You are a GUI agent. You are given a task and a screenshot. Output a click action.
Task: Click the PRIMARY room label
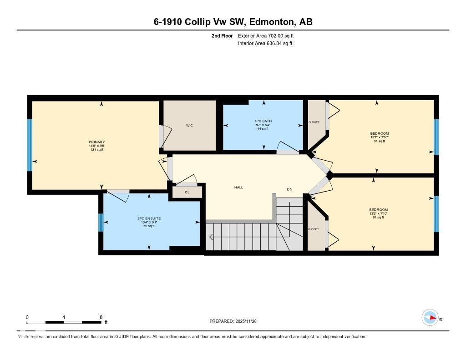[x=96, y=142]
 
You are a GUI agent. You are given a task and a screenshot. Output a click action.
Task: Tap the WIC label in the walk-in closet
[x=189, y=126]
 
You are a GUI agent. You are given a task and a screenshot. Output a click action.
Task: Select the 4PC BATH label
[x=263, y=121]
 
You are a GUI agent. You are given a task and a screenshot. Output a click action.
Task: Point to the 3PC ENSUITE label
[x=149, y=218]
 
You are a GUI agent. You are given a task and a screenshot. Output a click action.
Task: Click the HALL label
[x=238, y=187]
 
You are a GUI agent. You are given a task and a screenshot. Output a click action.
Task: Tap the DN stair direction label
[x=289, y=189]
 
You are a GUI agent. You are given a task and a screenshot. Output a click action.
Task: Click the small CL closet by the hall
[x=187, y=193]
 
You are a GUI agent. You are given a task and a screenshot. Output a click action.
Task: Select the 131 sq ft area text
[x=96, y=150]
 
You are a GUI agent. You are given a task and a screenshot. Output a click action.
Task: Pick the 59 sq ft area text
[x=149, y=226]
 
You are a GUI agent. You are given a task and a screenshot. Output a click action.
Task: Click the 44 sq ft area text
[x=263, y=129]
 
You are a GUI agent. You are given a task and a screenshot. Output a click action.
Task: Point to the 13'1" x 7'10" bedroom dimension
[x=380, y=137]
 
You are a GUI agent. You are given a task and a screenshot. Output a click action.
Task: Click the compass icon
[x=430, y=317]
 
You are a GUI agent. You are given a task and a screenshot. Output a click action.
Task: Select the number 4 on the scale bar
[x=64, y=317]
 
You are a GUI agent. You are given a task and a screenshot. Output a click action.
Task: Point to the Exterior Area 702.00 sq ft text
[x=268, y=35]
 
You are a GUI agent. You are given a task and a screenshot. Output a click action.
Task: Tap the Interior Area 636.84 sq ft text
[x=265, y=44]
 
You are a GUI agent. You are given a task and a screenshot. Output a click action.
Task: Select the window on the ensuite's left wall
[x=101, y=223]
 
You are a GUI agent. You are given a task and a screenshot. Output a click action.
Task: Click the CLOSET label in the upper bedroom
[x=314, y=122]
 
